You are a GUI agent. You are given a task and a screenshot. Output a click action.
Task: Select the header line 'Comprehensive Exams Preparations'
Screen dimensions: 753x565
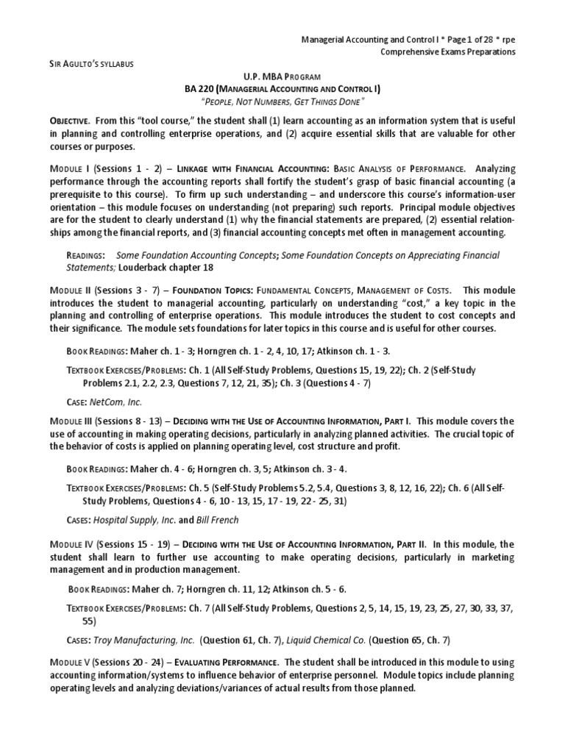[x=447, y=51]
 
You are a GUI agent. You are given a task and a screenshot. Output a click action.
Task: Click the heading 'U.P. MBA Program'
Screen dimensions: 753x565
[x=282, y=77]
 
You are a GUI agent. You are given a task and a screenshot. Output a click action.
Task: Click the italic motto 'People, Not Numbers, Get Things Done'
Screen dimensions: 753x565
[x=282, y=101]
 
